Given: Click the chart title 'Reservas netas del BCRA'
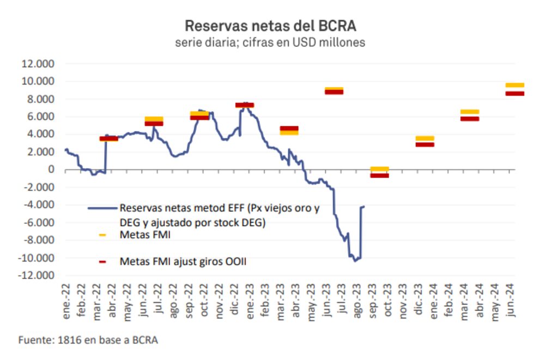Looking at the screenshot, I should coord(270,26).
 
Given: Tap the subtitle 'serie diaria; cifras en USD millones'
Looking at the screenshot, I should coord(270,42).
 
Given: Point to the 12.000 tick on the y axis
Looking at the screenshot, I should coord(38,64).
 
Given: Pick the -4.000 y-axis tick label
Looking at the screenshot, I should coord(38,205).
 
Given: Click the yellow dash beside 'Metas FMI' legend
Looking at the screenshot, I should coord(102,236).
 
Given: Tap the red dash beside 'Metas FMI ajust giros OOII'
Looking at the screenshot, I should coord(102,262).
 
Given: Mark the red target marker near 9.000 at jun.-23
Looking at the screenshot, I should coord(334,92).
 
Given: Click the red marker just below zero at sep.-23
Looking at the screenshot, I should coord(379,175).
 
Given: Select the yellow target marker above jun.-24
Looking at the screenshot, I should coord(514,85).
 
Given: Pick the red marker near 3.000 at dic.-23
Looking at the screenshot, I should coord(425,144).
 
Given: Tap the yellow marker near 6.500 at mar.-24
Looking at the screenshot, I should coord(470,112).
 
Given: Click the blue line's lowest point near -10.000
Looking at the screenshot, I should coord(355,261).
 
